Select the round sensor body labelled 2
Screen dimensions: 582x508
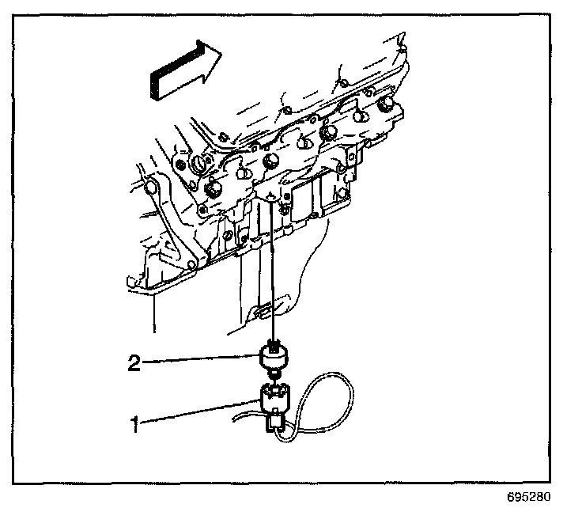(274, 358)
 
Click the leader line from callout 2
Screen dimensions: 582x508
(202, 361)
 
